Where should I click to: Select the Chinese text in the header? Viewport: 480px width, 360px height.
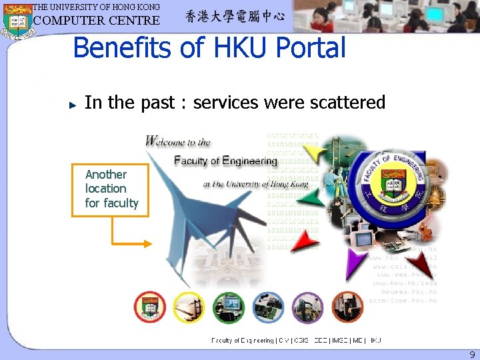coord(235,16)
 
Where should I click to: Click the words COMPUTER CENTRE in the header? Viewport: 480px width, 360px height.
coord(97,20)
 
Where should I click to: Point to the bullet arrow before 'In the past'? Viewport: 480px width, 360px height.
coord(74,105)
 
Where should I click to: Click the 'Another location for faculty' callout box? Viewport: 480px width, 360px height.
coord(110,189)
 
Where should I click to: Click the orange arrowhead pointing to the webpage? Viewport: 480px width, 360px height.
coord(149,243)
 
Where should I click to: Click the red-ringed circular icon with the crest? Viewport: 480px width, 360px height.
coord(149,307)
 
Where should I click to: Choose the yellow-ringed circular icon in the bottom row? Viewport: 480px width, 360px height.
coord(189,307)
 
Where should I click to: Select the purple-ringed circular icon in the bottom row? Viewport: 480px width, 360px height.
coord(308,307)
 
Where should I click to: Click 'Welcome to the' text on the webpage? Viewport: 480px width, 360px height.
coord(178,141)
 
